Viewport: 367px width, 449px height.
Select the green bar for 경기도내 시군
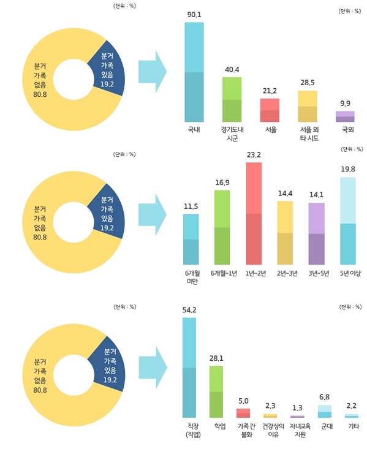coord(232,99)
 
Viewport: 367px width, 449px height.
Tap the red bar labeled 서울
coord(270,110)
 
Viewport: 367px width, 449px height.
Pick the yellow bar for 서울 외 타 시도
coord(308,106)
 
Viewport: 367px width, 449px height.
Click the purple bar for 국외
coord(345,116)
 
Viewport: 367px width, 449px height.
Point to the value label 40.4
coord(232,70)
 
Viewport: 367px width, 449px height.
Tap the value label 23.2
coord(254,156)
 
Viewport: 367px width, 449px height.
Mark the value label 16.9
coord(222,183)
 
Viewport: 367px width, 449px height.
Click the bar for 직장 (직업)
coord(189,368)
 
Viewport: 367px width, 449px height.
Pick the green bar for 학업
coord(216,391)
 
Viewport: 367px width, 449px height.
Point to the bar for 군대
coord(325,411)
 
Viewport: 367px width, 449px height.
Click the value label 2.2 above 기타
coord(352,406)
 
